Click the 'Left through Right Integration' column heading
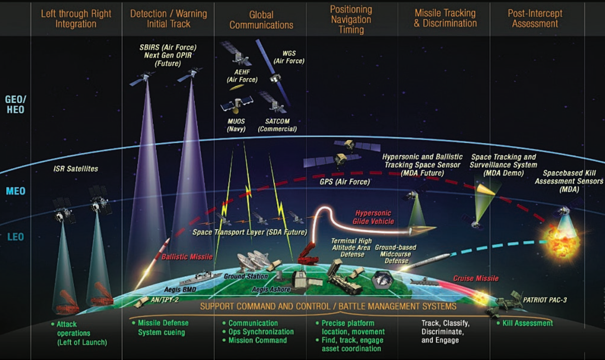tap(76, 18)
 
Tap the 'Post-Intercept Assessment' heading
tap(535, 18)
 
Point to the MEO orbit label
tap(15, 191)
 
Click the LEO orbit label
tap(15, 237)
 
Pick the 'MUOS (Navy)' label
tap(236, 125)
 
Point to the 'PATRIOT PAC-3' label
tap(545, 300)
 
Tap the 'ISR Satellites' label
tap(76, 169)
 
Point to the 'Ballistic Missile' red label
tap(187, 257)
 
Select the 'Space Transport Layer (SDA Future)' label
tap(249, 232)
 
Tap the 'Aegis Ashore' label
tap(271, 290)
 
